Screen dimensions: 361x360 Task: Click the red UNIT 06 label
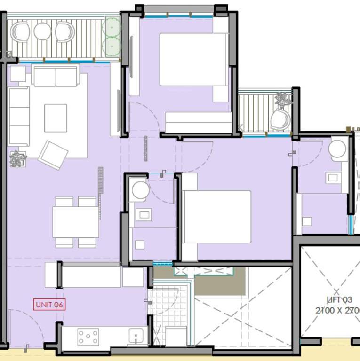point(49,304)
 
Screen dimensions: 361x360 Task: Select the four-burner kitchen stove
point(88,337)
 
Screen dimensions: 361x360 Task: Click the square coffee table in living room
point(56,118)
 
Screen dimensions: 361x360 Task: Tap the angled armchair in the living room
point(53,155)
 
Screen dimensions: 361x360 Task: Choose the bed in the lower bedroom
point(216,217)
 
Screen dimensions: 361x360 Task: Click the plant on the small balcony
point(283,100)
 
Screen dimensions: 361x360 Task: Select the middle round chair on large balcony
point(42,31)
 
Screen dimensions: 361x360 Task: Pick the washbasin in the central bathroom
point(143,215)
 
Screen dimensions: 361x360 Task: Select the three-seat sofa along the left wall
point(19,116)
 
